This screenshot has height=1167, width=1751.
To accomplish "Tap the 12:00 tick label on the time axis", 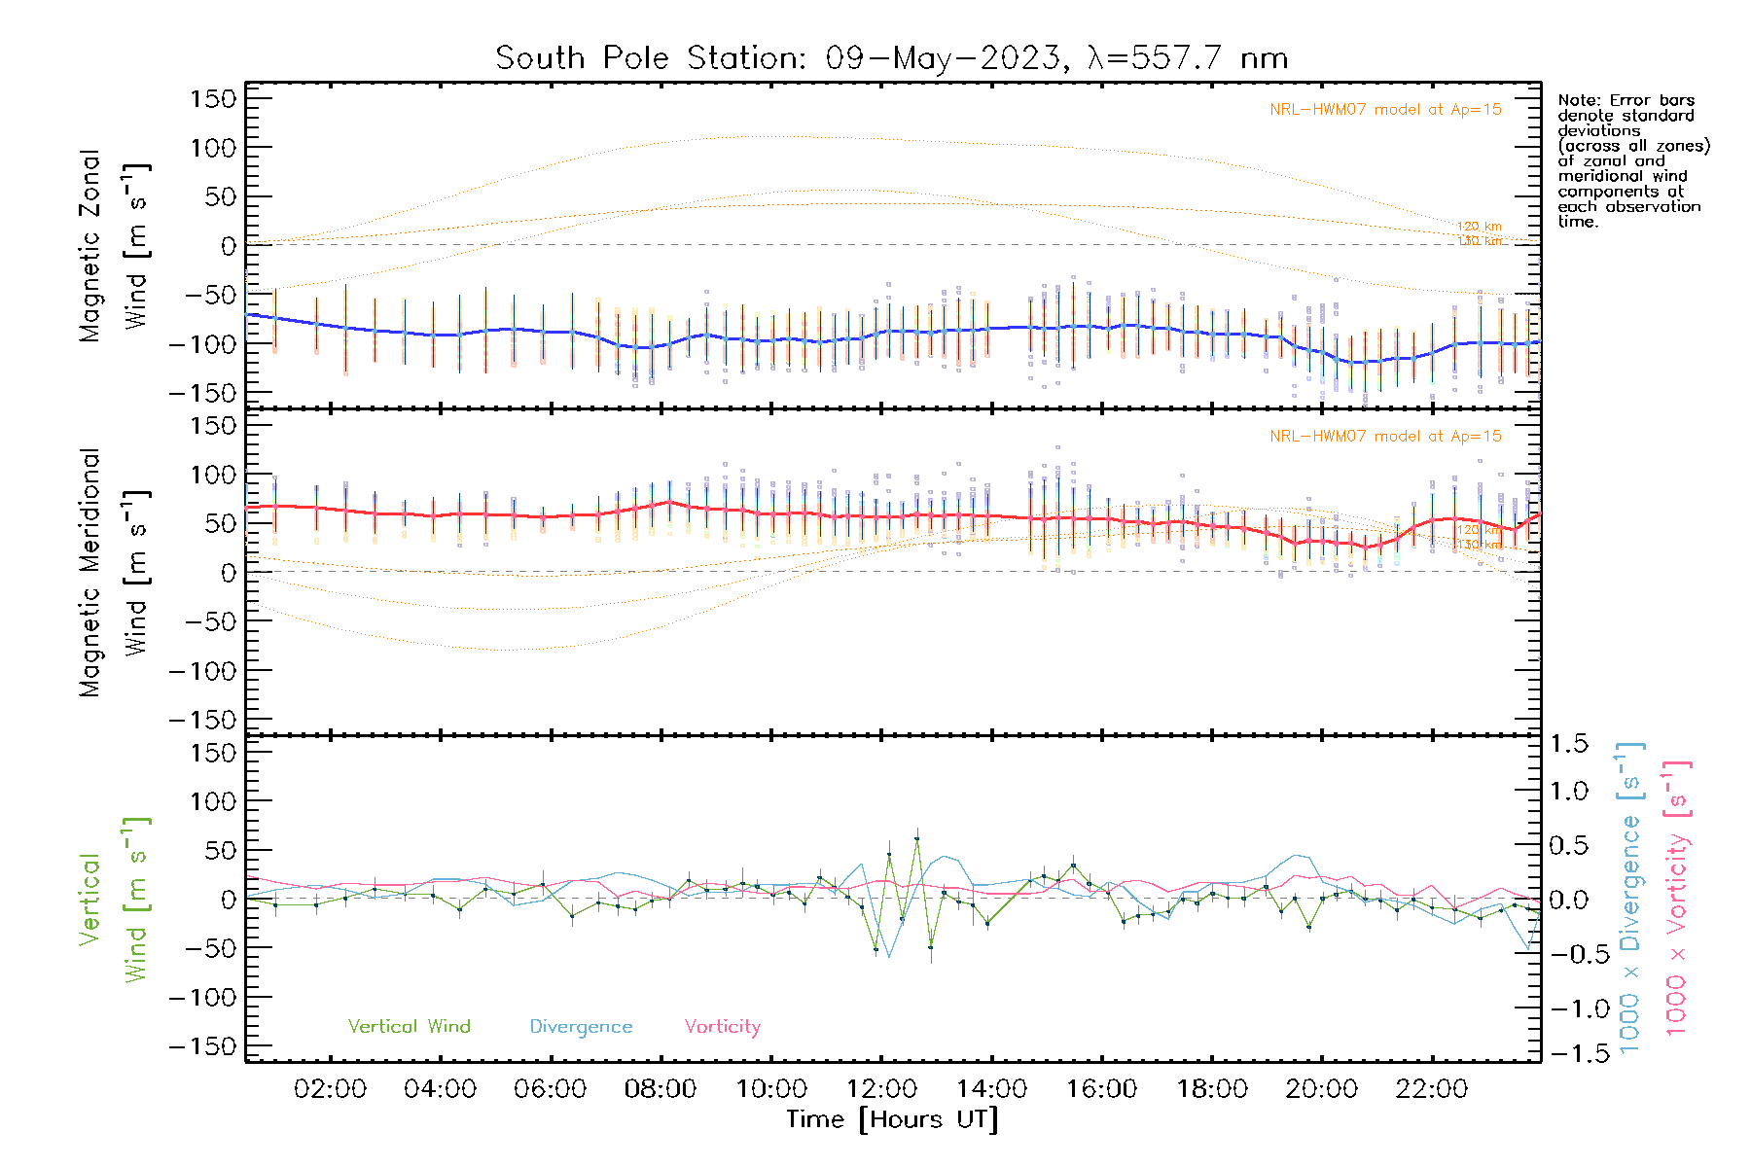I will (x=881, y=1089).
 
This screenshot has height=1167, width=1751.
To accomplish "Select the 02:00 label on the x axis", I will (x=330, y=1089).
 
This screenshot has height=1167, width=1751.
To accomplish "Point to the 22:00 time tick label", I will (x=1432, y=1089).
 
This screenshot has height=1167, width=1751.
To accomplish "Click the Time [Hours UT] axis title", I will (x=892, y=1120).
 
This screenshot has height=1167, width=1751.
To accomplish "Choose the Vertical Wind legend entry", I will (x=409, y=1027).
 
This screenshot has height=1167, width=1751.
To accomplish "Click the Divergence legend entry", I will (x=581, y=1027).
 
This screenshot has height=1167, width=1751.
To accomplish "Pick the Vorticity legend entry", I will (x=722, y=1027).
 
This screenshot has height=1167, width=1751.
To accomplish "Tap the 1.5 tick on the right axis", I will (x=1569, y=744).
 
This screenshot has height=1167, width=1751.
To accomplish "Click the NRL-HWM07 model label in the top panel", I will (x=1385, y=110).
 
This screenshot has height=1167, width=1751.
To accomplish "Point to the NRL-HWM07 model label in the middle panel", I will (x=1385, y=437).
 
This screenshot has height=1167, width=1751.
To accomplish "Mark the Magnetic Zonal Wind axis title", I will (x=114, y=246).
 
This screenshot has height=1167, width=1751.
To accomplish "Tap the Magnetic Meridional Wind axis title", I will (x=114, y=573).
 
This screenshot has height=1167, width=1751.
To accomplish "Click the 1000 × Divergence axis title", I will (x=1629, y=899).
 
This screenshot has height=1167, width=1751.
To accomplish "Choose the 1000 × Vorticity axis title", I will (x=1676, y=899).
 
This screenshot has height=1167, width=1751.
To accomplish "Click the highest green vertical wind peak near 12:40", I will (x=916, y=838).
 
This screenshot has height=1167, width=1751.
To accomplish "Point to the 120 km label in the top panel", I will (x=1479, y=227).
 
